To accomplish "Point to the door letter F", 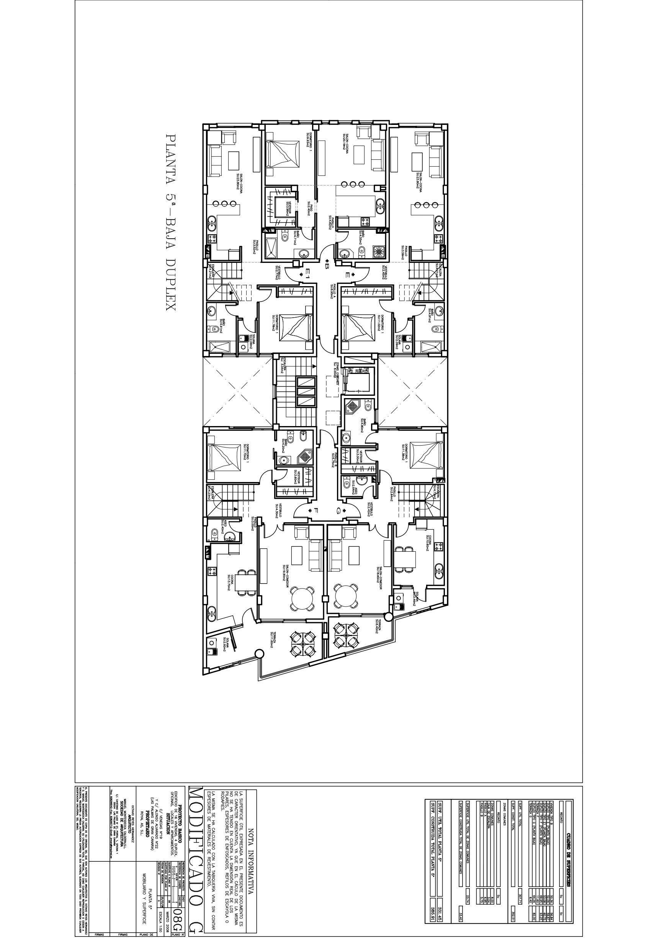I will (316, 510).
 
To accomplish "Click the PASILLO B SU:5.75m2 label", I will (333, 460).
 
